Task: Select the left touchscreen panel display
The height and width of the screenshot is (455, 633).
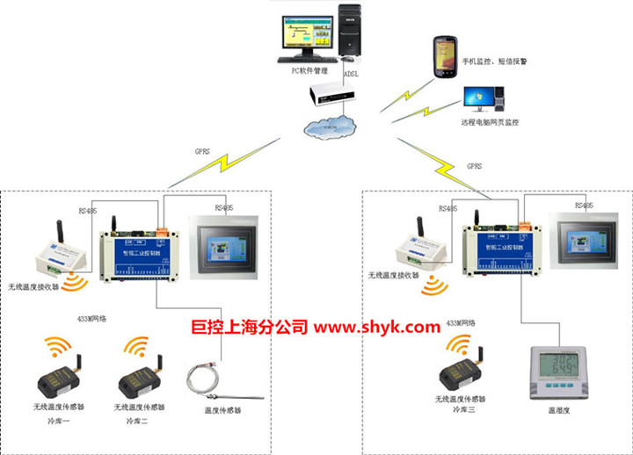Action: tap(216, 249)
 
